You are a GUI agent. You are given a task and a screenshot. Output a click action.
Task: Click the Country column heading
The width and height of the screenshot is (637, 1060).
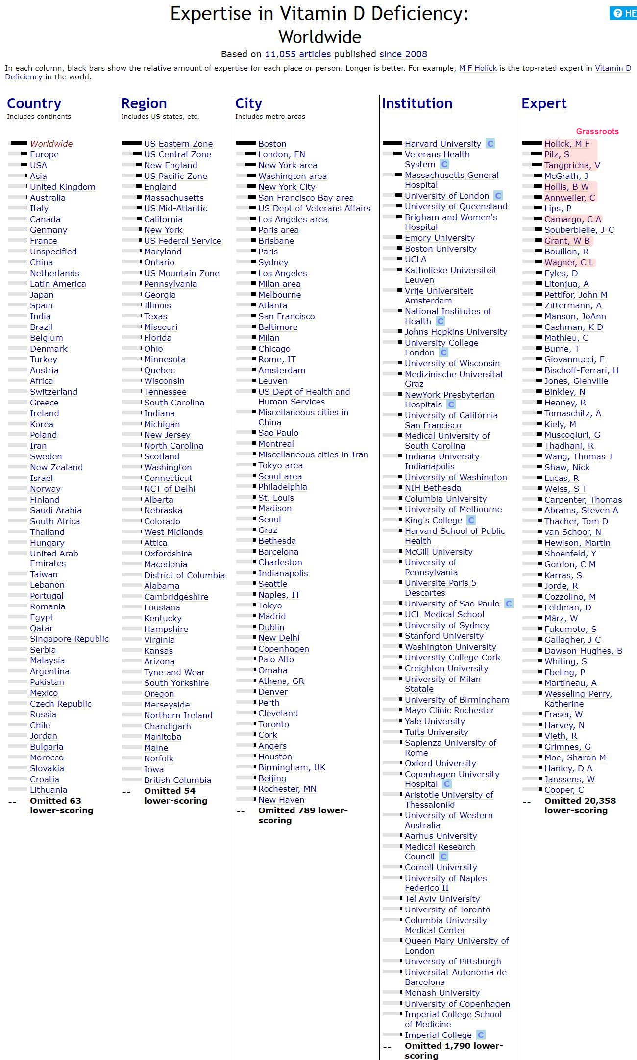(x=34, y=103)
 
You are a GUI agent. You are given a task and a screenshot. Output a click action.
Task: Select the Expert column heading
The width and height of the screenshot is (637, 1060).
(x=543, y=103)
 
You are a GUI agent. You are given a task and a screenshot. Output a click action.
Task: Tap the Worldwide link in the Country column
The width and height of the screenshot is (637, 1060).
(x=51, y=144)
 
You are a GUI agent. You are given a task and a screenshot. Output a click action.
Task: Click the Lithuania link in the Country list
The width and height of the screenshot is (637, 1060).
(x=49, y=790)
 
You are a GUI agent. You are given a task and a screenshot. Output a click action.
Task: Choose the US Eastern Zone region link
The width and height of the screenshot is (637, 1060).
(x=178, y=144)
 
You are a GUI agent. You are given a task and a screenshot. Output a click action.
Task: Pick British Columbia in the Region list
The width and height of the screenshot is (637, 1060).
(x=177, y=780)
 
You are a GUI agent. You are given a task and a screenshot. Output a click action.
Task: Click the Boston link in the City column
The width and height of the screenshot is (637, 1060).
(x=272, y=144)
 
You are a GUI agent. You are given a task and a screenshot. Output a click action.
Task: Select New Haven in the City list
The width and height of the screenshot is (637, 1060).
(x=281, y=800)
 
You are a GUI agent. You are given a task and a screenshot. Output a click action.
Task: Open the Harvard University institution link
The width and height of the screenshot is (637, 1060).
(x=442, y=144)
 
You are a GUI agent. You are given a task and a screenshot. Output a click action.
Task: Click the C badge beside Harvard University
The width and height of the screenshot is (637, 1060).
(x=490, y=144)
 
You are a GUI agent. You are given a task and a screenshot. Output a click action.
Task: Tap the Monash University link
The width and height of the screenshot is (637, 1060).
(x=442, y=993)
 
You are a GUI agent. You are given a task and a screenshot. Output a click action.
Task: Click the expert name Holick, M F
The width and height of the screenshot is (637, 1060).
(x=566, y=144)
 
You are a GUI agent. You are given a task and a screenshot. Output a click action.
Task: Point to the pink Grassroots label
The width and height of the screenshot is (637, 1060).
(x=597, y=131)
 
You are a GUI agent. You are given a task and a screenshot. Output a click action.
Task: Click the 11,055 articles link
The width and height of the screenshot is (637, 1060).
(x=297, y=54)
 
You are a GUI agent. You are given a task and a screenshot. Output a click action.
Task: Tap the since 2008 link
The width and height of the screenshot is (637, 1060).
(x=403, y=54)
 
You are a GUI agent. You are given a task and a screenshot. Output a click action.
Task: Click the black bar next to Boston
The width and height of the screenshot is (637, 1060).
(x=245, y=143)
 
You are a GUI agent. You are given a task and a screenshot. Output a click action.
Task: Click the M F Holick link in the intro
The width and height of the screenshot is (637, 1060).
(x=478, y=68)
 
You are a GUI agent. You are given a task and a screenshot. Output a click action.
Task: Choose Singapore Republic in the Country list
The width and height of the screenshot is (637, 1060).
(x=69, y=639)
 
